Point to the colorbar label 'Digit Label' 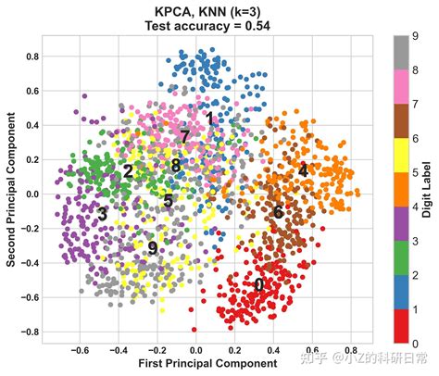point(429,190)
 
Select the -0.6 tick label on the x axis point(79,351)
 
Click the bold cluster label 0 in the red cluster point(258,285)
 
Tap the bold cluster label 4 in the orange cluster point(302,171)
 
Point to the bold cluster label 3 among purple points point(102,214)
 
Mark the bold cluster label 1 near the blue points point(210,119)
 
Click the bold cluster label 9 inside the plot point(152,248)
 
